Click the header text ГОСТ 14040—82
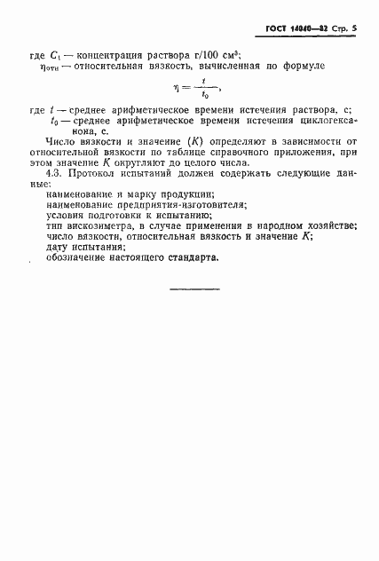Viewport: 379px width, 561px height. (x=296, y=30)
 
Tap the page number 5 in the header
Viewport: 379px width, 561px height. (x=352, y=30)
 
